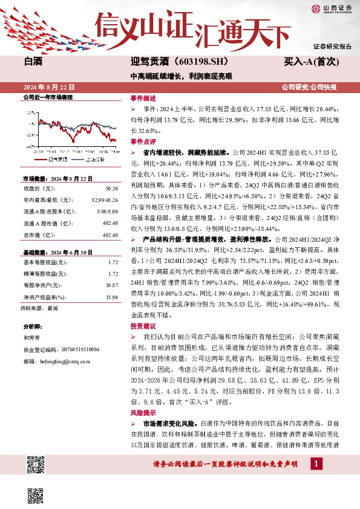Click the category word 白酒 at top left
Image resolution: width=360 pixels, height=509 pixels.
(34, 62)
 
